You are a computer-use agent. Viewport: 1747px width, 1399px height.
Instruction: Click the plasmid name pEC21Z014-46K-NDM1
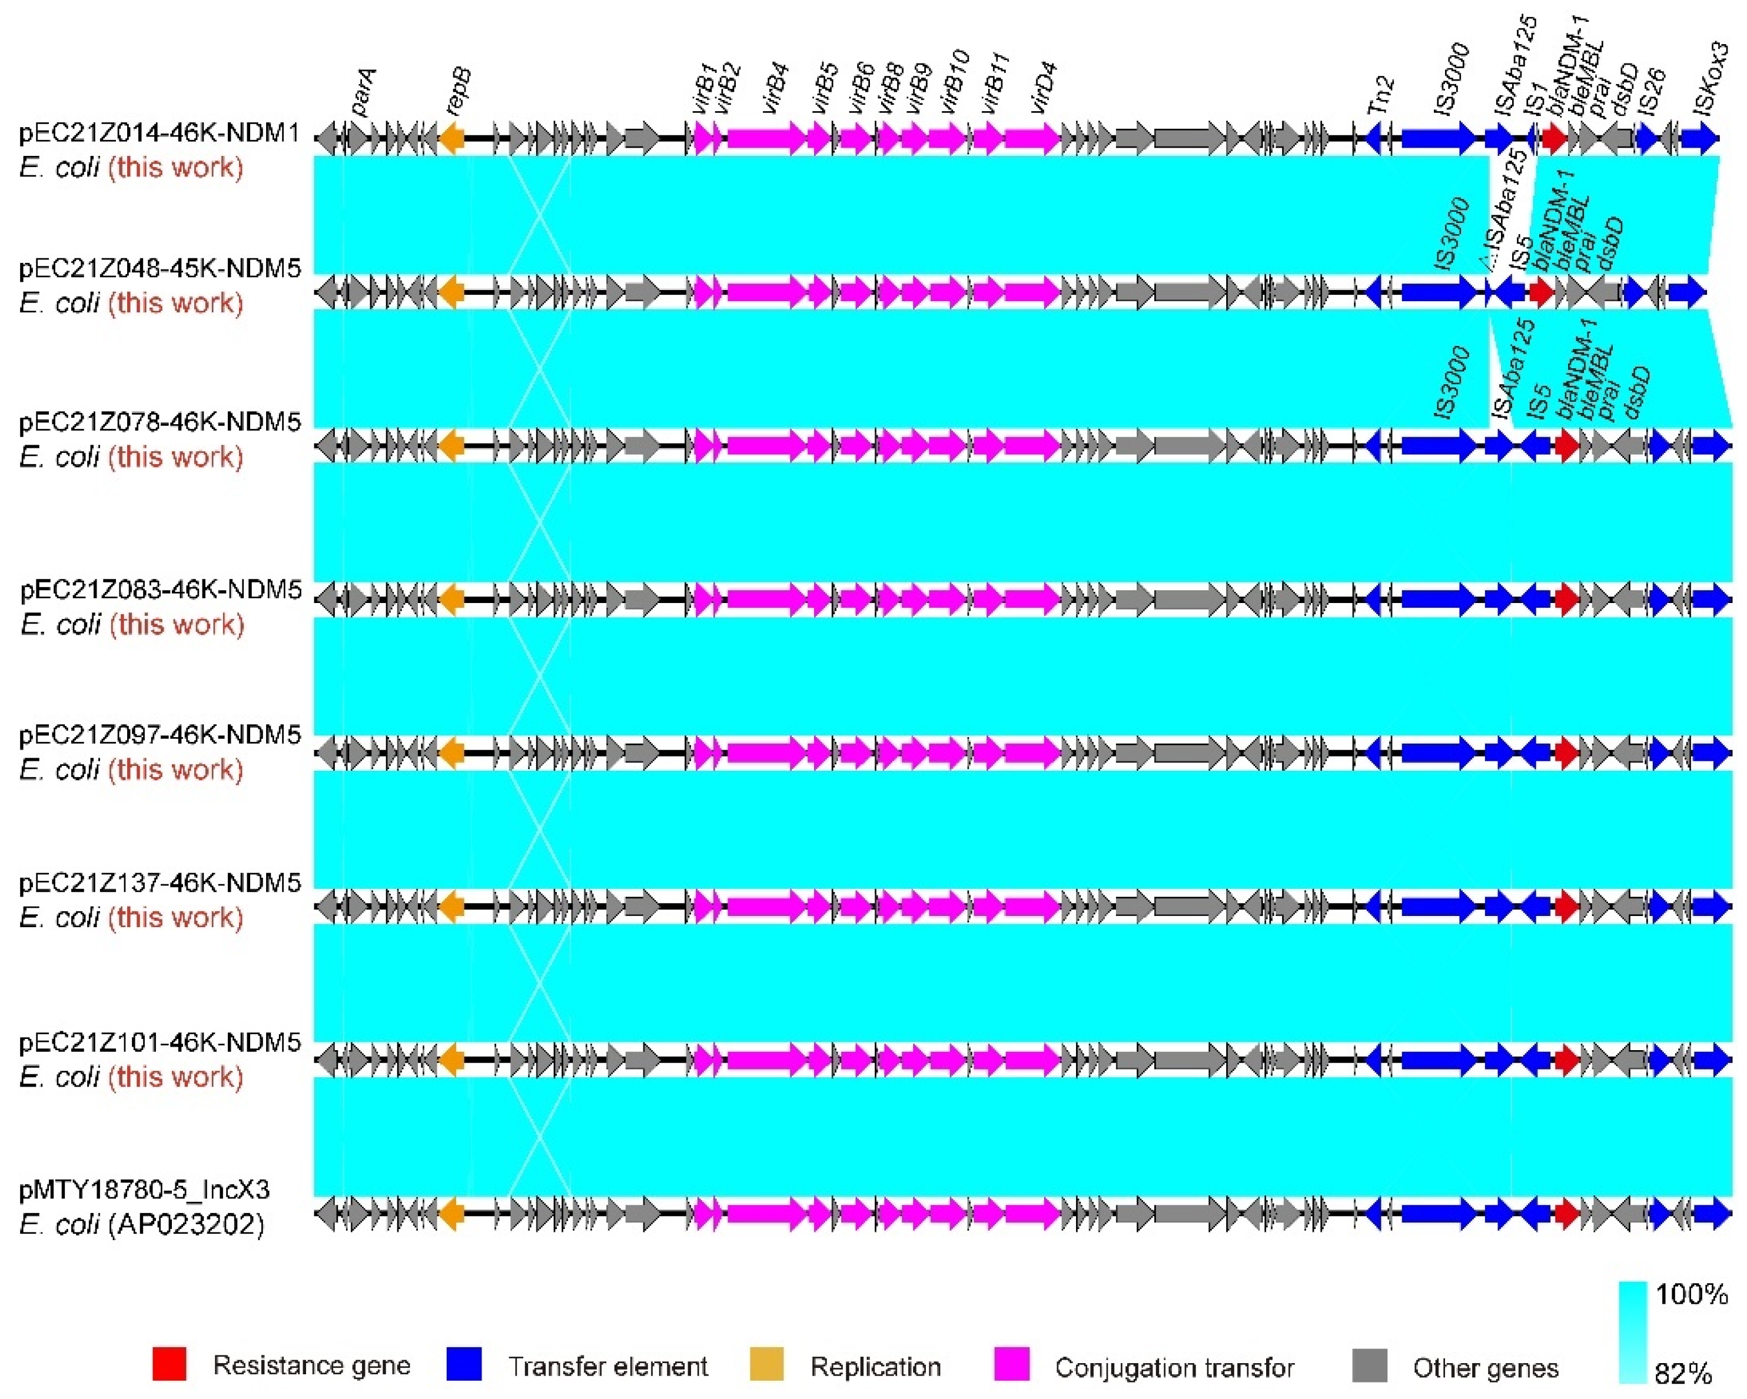pos(160,134)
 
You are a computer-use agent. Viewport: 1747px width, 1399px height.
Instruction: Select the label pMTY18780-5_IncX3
pos(144,1190)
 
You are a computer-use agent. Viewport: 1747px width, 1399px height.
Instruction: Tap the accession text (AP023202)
pos(187,1224)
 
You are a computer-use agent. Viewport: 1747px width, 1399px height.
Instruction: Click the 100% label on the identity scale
pos(1690,1294)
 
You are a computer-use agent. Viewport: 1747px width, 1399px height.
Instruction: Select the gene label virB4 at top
pos(776,95)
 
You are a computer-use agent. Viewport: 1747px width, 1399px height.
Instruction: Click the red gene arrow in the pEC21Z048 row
pos(1540,292)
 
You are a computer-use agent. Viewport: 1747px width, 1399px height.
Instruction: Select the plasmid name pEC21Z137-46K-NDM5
pos(160,883)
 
